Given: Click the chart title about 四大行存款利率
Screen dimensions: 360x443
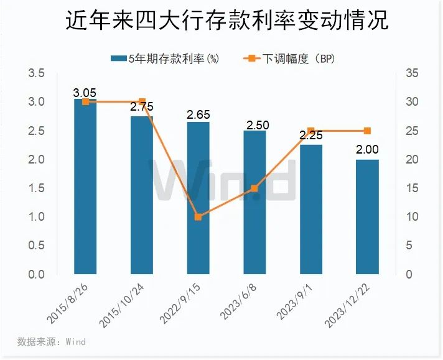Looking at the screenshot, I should [x=222, y=20].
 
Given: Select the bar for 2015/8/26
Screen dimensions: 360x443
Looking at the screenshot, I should [x=85, y=187].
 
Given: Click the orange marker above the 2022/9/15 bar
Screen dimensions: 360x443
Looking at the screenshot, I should [x=198, y=217].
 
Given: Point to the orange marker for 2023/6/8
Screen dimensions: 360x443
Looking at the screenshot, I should [x=254, y=188].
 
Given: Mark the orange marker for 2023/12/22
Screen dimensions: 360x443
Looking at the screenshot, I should [x=367, y=131].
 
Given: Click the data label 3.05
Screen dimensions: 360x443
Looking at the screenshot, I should [x=85, y=93].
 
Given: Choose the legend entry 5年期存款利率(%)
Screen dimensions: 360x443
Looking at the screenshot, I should [x=166, y=58].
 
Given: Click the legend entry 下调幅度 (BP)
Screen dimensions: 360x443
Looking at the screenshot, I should [x=292, y=58].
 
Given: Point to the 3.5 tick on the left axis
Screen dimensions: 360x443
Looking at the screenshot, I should [x=36, y=73].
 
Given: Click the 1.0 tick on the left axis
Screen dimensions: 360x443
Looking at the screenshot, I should [x=36, y=217].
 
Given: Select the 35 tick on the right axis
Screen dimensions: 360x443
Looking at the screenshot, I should [x=410, y=73].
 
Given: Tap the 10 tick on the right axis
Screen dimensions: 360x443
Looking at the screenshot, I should [x=410, y=217].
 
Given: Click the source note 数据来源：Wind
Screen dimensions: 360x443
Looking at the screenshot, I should [x=51, y=341].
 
